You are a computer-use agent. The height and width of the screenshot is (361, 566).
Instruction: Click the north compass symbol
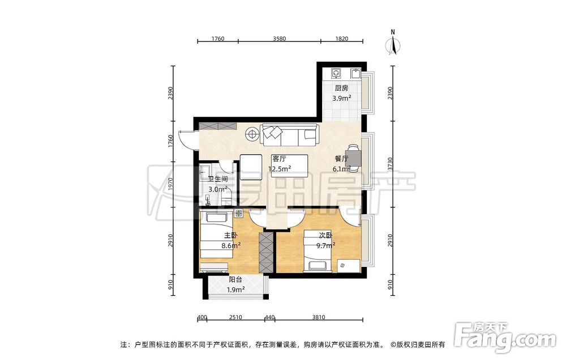tap(393, 44)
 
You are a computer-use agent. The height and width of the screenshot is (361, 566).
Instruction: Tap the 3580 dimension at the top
tap(280, 39)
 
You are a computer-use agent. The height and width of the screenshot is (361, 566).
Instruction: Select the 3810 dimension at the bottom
tap(318, 317)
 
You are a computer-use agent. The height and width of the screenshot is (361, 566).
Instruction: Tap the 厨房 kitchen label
tap(341, 88)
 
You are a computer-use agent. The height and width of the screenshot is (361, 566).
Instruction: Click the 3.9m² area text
tap(342, 98)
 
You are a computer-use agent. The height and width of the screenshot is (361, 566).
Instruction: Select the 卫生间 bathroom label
tap(218, 179)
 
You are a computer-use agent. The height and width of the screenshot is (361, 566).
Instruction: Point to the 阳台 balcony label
tap(235, 279)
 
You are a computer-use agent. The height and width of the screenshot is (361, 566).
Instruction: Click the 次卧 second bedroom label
tap(325, 236)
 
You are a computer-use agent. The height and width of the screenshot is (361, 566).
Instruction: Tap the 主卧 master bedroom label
tap(231, 236)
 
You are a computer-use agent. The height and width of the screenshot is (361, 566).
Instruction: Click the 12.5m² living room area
tap(280, 169)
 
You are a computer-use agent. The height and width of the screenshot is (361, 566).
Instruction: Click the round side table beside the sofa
tap(252, 134)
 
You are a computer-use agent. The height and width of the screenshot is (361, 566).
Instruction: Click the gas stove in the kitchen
tap(336, 73)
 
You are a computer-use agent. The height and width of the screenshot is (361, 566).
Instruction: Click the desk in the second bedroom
tap(349, 266)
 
